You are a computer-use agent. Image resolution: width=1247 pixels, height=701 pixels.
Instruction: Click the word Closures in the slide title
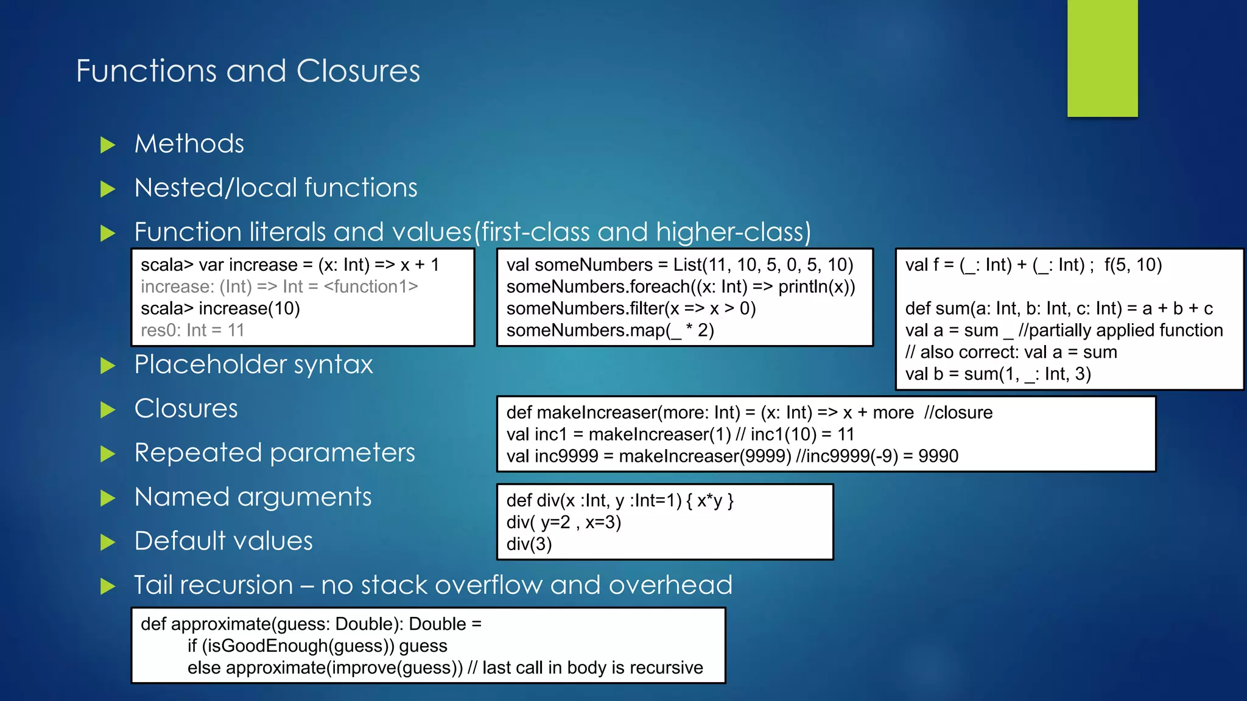358,71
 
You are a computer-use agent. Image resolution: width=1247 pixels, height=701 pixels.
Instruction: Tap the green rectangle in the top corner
1102,58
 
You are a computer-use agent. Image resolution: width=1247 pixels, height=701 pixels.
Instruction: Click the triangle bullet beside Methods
108,145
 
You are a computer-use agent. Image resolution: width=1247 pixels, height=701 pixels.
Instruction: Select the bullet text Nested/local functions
276,187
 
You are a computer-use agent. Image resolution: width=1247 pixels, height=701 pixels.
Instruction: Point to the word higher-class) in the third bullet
733,232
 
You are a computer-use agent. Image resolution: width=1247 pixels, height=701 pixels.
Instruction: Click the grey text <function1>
371,287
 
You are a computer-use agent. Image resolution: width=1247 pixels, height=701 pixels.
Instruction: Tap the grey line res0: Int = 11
192,330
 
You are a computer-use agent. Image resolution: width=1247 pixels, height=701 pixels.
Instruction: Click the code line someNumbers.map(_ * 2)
610,330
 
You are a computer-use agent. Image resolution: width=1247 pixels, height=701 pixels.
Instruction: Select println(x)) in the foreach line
817,287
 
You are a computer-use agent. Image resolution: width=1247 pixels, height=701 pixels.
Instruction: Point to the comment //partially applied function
1120,330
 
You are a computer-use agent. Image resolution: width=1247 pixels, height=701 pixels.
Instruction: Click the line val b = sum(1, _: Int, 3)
998,374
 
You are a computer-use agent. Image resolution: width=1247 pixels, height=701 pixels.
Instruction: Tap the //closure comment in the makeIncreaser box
958,413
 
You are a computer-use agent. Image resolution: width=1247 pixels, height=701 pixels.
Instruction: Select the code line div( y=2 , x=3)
564,522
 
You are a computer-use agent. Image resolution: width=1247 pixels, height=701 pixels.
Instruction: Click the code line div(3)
529,544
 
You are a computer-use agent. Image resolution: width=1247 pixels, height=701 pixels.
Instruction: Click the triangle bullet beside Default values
108,542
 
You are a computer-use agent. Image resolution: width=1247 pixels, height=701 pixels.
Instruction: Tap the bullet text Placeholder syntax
253,364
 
